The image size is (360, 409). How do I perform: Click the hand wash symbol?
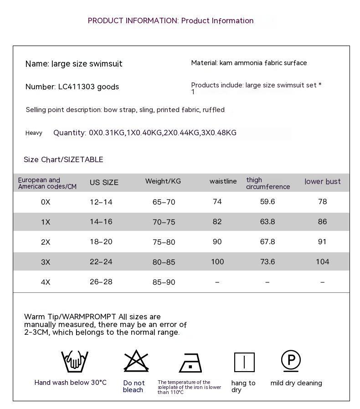(75, 362)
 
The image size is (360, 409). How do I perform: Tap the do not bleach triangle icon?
(136, 361)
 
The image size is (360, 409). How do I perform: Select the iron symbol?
(190, 363)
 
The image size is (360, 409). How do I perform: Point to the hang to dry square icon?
(244, 363)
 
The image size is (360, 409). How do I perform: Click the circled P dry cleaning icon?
(291, 361)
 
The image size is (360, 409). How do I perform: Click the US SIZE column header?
(104, 182)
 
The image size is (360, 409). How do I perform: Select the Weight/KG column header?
(163, 181)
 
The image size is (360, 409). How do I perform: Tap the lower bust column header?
(322, 182)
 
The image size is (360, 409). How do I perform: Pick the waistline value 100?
(217, 261)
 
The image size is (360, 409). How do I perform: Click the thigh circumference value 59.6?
(267, 201)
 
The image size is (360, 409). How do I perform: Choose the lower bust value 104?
(322, 261)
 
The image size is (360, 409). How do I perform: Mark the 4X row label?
(46, 282)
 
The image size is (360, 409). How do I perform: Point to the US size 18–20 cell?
(101, 241)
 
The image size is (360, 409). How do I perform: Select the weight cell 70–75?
(164, 222)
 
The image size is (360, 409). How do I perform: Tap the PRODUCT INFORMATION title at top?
(170, 20)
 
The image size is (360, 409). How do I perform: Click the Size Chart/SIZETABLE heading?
(63, 159)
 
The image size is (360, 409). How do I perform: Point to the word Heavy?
(34, 133)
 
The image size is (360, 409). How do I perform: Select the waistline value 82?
(217, 222)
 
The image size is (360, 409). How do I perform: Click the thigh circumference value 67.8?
(267, 241)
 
